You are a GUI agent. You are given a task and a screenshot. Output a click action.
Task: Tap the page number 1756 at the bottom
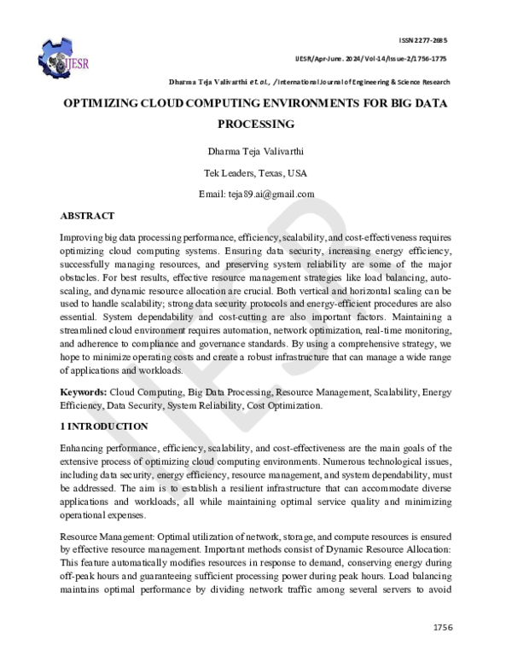click(441, 627)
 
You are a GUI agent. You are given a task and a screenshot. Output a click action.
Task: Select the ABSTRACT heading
click(87, 216)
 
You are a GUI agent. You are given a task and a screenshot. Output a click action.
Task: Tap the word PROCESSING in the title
click(256, 124)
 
